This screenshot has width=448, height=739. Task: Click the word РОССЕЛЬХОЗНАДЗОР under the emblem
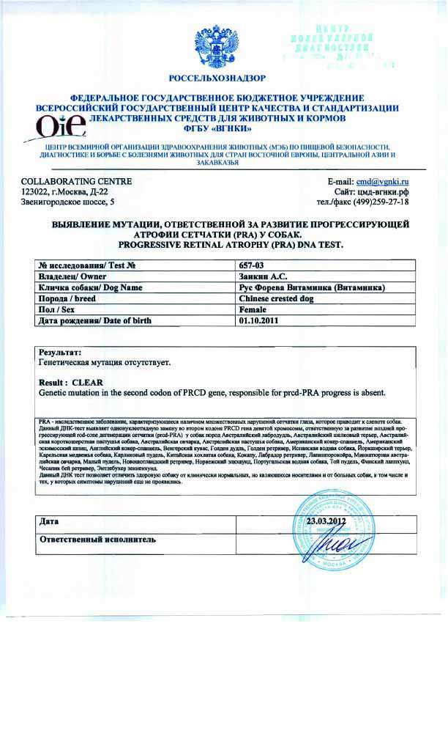(217, 77)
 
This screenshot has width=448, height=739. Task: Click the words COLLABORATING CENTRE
(67, 180)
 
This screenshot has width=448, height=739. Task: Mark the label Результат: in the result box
(59, 353)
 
